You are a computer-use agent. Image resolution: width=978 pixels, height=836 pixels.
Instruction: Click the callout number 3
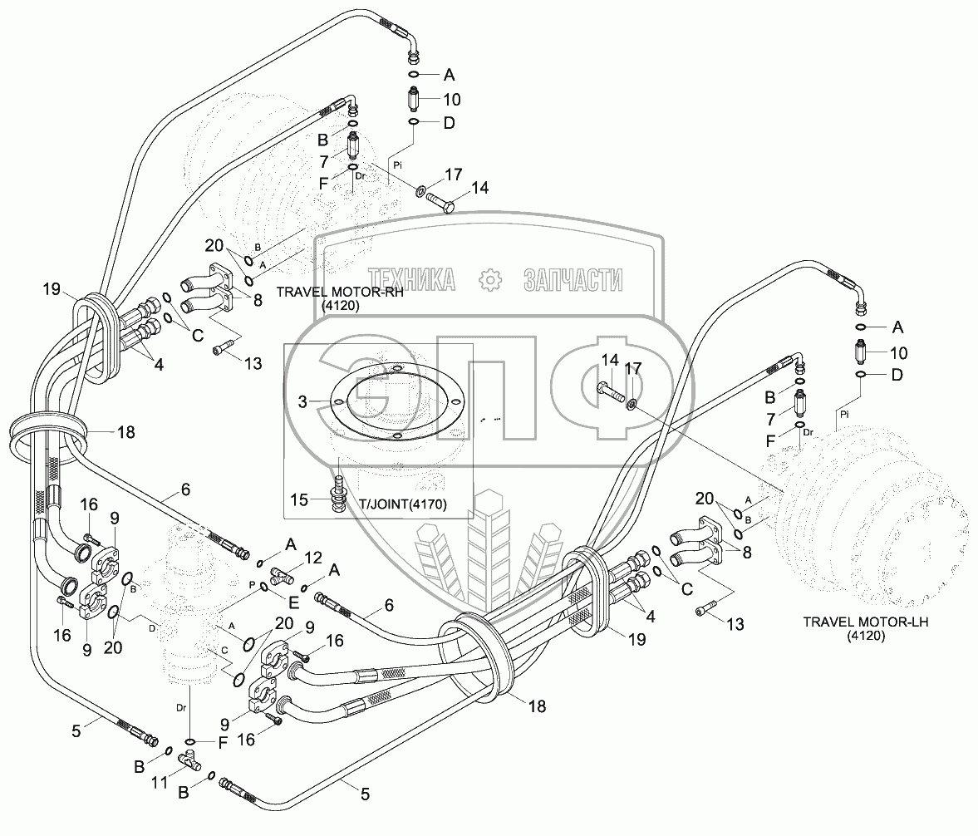tap(302, 402)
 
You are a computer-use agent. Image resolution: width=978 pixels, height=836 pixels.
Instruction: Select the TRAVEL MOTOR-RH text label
tap(334, 292)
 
